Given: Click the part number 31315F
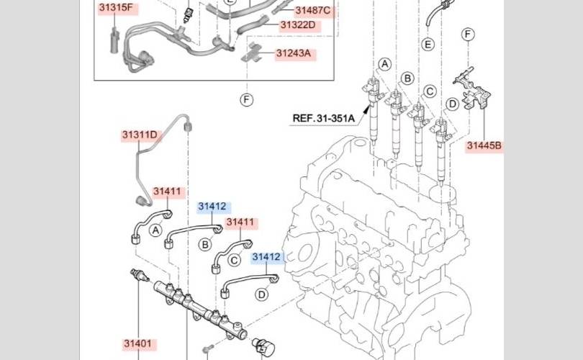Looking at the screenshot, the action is (x=116, y=7).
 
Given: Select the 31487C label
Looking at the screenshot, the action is (x=312, y=10).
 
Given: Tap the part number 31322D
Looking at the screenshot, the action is (x=298, y=25).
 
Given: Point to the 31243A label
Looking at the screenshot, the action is (x=294, y=53).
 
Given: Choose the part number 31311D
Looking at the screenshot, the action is (x=140, y=135).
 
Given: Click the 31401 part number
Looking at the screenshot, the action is (x=137, y=343).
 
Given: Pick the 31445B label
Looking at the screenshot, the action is (x=484, y=145).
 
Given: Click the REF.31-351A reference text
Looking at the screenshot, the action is (x=323, y=118).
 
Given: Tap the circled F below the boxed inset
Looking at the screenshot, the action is (x=246, y=99).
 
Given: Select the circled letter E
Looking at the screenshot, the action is (x=428, y=44).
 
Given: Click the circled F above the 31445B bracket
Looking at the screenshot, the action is (x=468, y=35).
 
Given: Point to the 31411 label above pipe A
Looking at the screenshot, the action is (x=167, y=192).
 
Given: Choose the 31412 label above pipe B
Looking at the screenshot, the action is (x=212, y=207).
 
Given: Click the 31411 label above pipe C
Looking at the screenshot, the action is (x=240, y=222).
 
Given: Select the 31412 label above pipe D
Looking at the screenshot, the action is (x=266, y=257).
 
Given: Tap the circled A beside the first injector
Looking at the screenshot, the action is (x=385, y=64).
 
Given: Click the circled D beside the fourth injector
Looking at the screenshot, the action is (x=452, y=104).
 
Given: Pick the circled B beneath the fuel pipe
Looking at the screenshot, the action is (x=205, y=244).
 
